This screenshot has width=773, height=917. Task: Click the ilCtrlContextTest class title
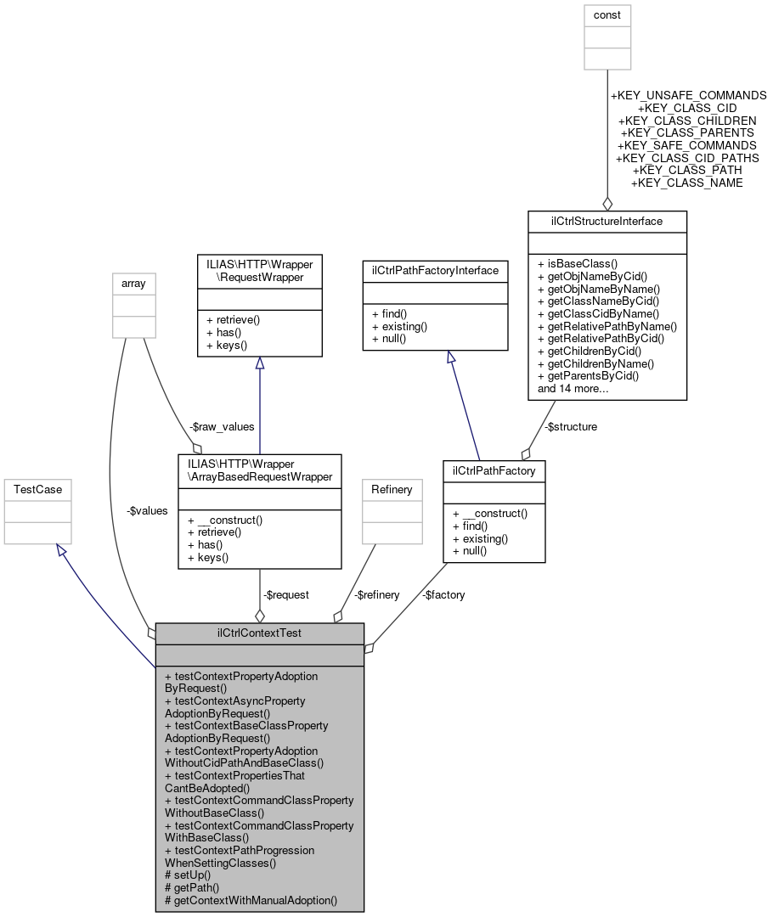pos(259,633)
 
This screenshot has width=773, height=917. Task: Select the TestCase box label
pos(37,489)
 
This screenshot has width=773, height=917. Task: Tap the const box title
pos(607,15)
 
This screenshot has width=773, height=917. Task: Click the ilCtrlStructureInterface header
pos(607,222)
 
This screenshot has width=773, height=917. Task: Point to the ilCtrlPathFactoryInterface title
pos(435,271)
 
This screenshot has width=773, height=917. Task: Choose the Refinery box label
pos(392,489)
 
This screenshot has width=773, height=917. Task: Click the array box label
pos(133,283)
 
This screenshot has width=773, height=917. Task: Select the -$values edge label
pos(147,511)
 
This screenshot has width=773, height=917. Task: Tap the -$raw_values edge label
pos(223,427)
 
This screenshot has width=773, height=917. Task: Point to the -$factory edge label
pos(443,595)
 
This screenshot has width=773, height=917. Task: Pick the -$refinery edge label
pos(377,595)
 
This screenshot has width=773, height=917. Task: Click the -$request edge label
pos(285,595)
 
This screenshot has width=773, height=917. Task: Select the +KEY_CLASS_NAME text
pos(687,183)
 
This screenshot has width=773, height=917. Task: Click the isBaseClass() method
pos(578,264)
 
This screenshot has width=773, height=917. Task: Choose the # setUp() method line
pos(188,875)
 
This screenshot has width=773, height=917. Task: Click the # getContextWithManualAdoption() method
pos(251,900)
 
